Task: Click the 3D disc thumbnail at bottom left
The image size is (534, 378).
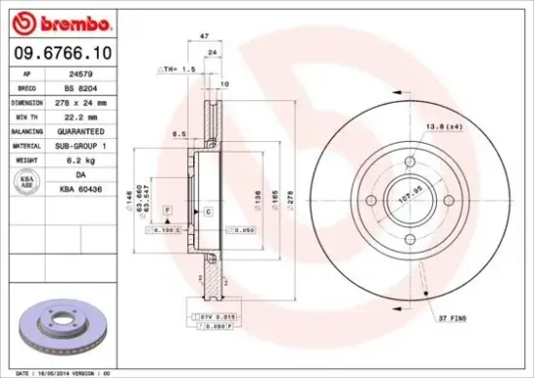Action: pyautogui.click(x=61, y=328)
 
